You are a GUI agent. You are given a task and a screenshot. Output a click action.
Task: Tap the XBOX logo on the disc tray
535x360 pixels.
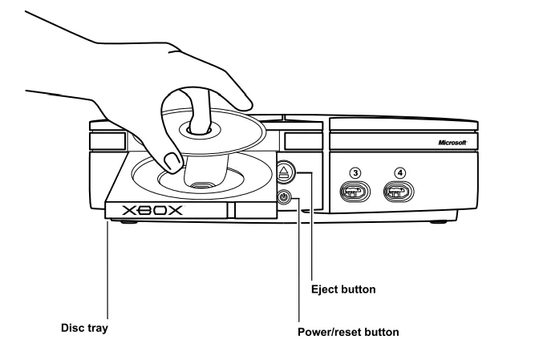pyautogui.click(x=152, y=211)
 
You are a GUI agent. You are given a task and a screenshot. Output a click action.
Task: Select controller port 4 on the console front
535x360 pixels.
pyautogui.click(x=399, y=192)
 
